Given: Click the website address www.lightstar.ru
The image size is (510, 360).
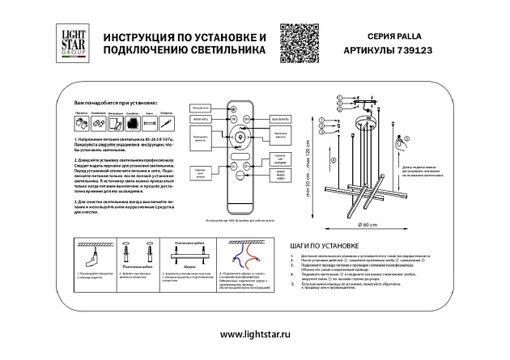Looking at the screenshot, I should click(255, 334).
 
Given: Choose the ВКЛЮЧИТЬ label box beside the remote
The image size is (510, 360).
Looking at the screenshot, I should click(202, 119).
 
